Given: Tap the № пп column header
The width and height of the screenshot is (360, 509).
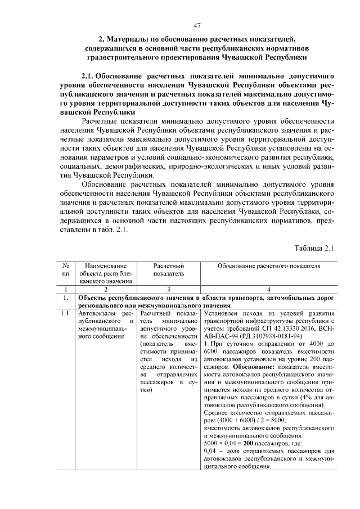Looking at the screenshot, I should click(x=66, y=269).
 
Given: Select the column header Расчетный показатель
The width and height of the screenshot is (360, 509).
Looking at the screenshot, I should click(x=168, y=269).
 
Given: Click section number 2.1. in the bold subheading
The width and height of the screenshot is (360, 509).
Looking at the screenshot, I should click(x=90, y=75).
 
